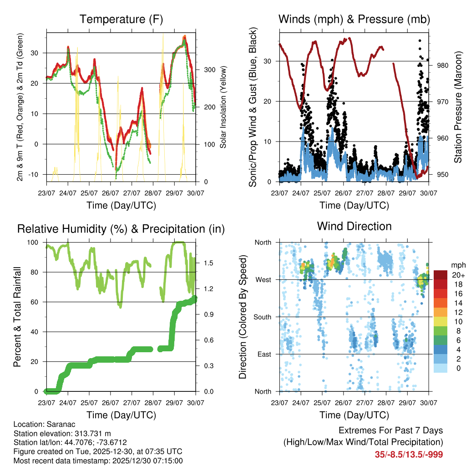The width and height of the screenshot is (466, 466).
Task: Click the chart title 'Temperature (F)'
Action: click(121, 19)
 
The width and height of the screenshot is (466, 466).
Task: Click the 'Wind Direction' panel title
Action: click(354, 226)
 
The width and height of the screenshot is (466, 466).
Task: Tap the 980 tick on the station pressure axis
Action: click(443, 66)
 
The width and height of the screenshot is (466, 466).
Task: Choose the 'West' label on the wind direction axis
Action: click(263, 279)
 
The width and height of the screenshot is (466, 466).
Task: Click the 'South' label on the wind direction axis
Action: click(262, 317)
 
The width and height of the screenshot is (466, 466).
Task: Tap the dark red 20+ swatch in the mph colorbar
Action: click(441, 275)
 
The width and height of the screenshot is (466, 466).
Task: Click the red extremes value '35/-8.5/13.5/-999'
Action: click(409, 454)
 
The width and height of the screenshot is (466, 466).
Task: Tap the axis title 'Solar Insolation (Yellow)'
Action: click(223, 107)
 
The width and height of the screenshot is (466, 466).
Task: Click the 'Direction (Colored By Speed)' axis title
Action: click(243, 317)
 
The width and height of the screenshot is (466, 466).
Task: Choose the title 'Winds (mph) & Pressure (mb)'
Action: click(354, 19)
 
